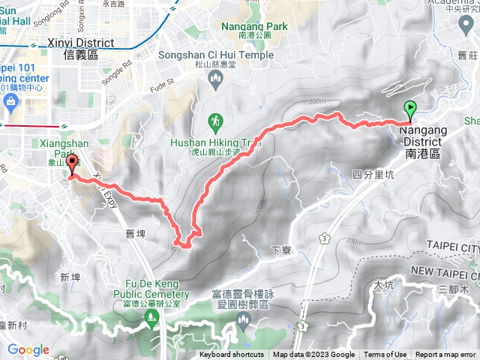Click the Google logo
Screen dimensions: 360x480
pyautogui.click(x=28, y=349)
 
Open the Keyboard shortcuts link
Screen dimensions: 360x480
pyautogui.click(x=232, y=355)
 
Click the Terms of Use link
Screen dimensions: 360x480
pyautogui.click(x=385, y=355)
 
